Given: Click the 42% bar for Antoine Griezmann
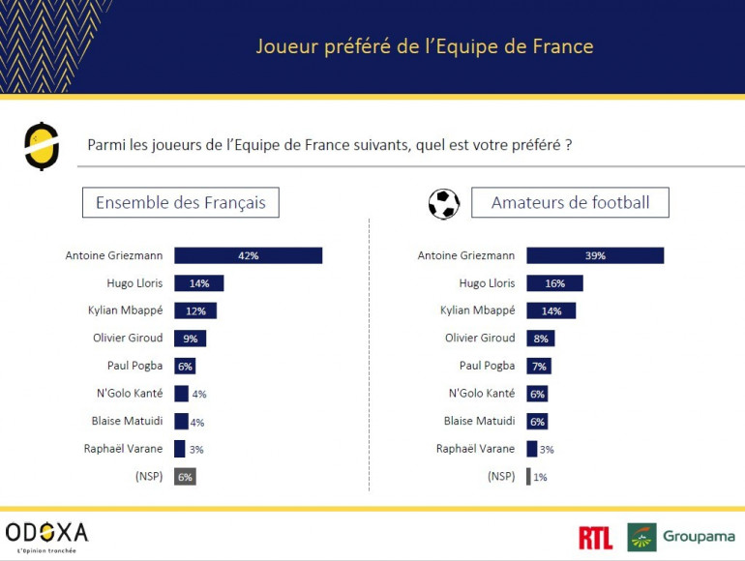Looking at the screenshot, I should [x=248, y=255].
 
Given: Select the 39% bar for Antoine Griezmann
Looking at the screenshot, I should [x=595, y=255].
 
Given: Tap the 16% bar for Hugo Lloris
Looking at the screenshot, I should [x=554, y=283].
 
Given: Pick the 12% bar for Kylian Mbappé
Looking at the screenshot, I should [x=195, y=310].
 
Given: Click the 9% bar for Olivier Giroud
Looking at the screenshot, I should [x=190, y=339].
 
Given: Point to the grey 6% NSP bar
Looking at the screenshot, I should [x=185, y=476].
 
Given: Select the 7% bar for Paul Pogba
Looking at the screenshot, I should [x=539, y=366].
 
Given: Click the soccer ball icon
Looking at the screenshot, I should [x=444, y=203].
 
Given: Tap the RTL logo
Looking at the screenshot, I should [x=595, y=538].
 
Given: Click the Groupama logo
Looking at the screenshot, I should [x=680, y=537].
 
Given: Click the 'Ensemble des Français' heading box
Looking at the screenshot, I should [x=181, y=203].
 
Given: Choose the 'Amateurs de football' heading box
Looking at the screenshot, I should [x=570, y=203].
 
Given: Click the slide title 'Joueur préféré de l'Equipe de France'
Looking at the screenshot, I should [x=425, y=46].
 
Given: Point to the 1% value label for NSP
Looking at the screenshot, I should [x=540, y=477].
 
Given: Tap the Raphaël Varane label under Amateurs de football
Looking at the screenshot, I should [x=475, y=449].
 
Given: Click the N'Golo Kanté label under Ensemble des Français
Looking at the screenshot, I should [x=128, y=394].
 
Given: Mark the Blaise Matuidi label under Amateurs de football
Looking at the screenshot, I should [x=479, y=421].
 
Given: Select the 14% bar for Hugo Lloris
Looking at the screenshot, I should [x=198, y=283].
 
